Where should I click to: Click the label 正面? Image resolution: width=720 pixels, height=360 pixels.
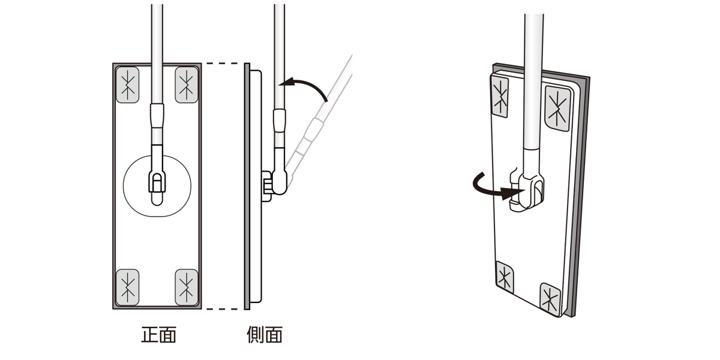pos(159,335)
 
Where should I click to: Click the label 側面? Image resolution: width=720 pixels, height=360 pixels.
pos(265,335)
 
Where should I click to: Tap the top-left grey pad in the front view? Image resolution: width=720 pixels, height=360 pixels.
pos(127,85)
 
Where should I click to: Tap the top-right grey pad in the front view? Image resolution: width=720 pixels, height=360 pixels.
pos(187,85)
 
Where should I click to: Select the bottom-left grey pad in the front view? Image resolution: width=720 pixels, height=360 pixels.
pos(127,287)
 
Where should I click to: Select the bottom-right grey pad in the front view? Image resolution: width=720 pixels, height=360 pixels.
pos(187,287)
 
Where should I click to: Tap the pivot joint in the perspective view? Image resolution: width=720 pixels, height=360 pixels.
pos(527,192)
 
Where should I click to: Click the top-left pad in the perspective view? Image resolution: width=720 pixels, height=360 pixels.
pos(500,97)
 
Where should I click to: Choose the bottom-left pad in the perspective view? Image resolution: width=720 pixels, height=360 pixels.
pos(505,277)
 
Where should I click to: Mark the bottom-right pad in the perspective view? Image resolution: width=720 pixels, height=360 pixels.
pos(550,298)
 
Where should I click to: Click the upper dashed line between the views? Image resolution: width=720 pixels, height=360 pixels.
pos(222,64)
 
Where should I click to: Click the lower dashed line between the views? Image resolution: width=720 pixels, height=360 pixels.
pos(222,309)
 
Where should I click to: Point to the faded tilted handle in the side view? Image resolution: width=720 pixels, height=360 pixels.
pos(318,122)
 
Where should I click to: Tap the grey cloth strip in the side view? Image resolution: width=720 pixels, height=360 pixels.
pos(247,187)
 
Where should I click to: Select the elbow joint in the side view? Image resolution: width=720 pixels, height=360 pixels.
pos(279,182)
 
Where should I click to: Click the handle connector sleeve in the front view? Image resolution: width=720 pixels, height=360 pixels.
pos(157,116)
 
